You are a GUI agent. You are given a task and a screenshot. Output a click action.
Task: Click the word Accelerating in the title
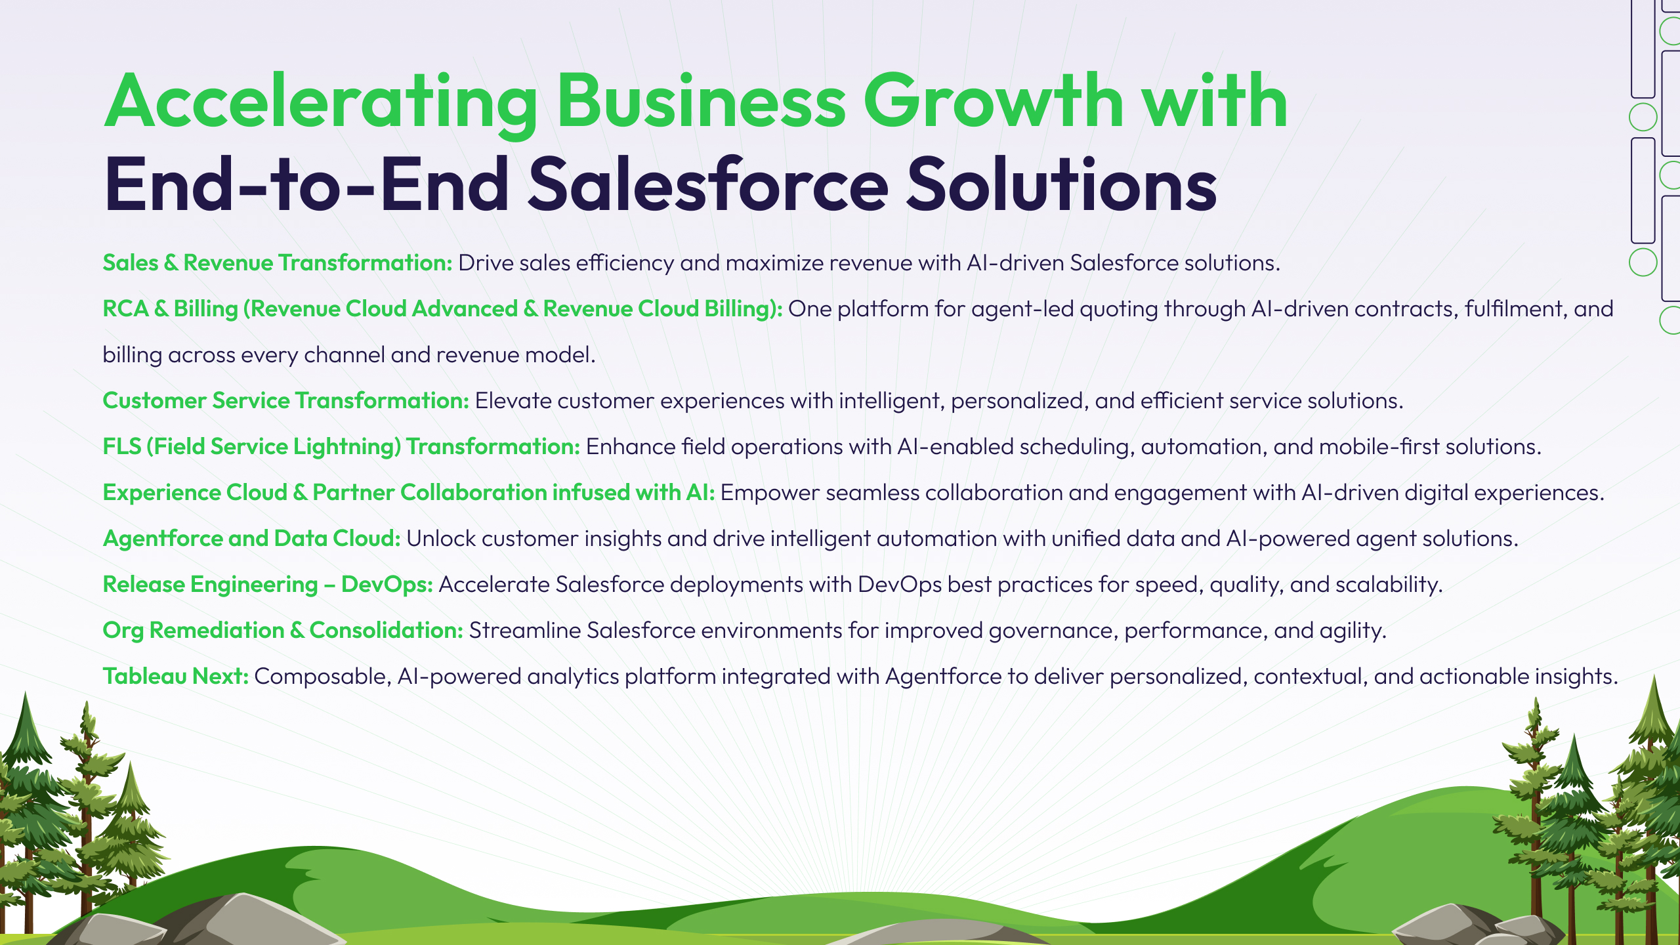point(322,104)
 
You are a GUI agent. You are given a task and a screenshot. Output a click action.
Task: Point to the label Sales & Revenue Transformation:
point(278,262)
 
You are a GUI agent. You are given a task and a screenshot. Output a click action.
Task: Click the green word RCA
point(125,308)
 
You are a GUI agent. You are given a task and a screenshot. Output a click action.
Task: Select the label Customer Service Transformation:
point(286,400)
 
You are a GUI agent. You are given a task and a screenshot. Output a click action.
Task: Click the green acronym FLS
point(122,446)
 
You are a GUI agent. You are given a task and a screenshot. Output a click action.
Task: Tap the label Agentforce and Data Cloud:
point(252,538)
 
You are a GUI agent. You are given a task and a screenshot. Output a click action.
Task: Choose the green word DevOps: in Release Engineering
point(387,584)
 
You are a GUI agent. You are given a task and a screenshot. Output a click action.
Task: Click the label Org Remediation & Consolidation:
point(283,630)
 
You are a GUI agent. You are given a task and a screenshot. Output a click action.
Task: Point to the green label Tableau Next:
point(176,676)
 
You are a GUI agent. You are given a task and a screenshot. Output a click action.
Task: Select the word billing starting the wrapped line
point(133,355)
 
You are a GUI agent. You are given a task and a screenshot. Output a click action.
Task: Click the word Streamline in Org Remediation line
point(524,630)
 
